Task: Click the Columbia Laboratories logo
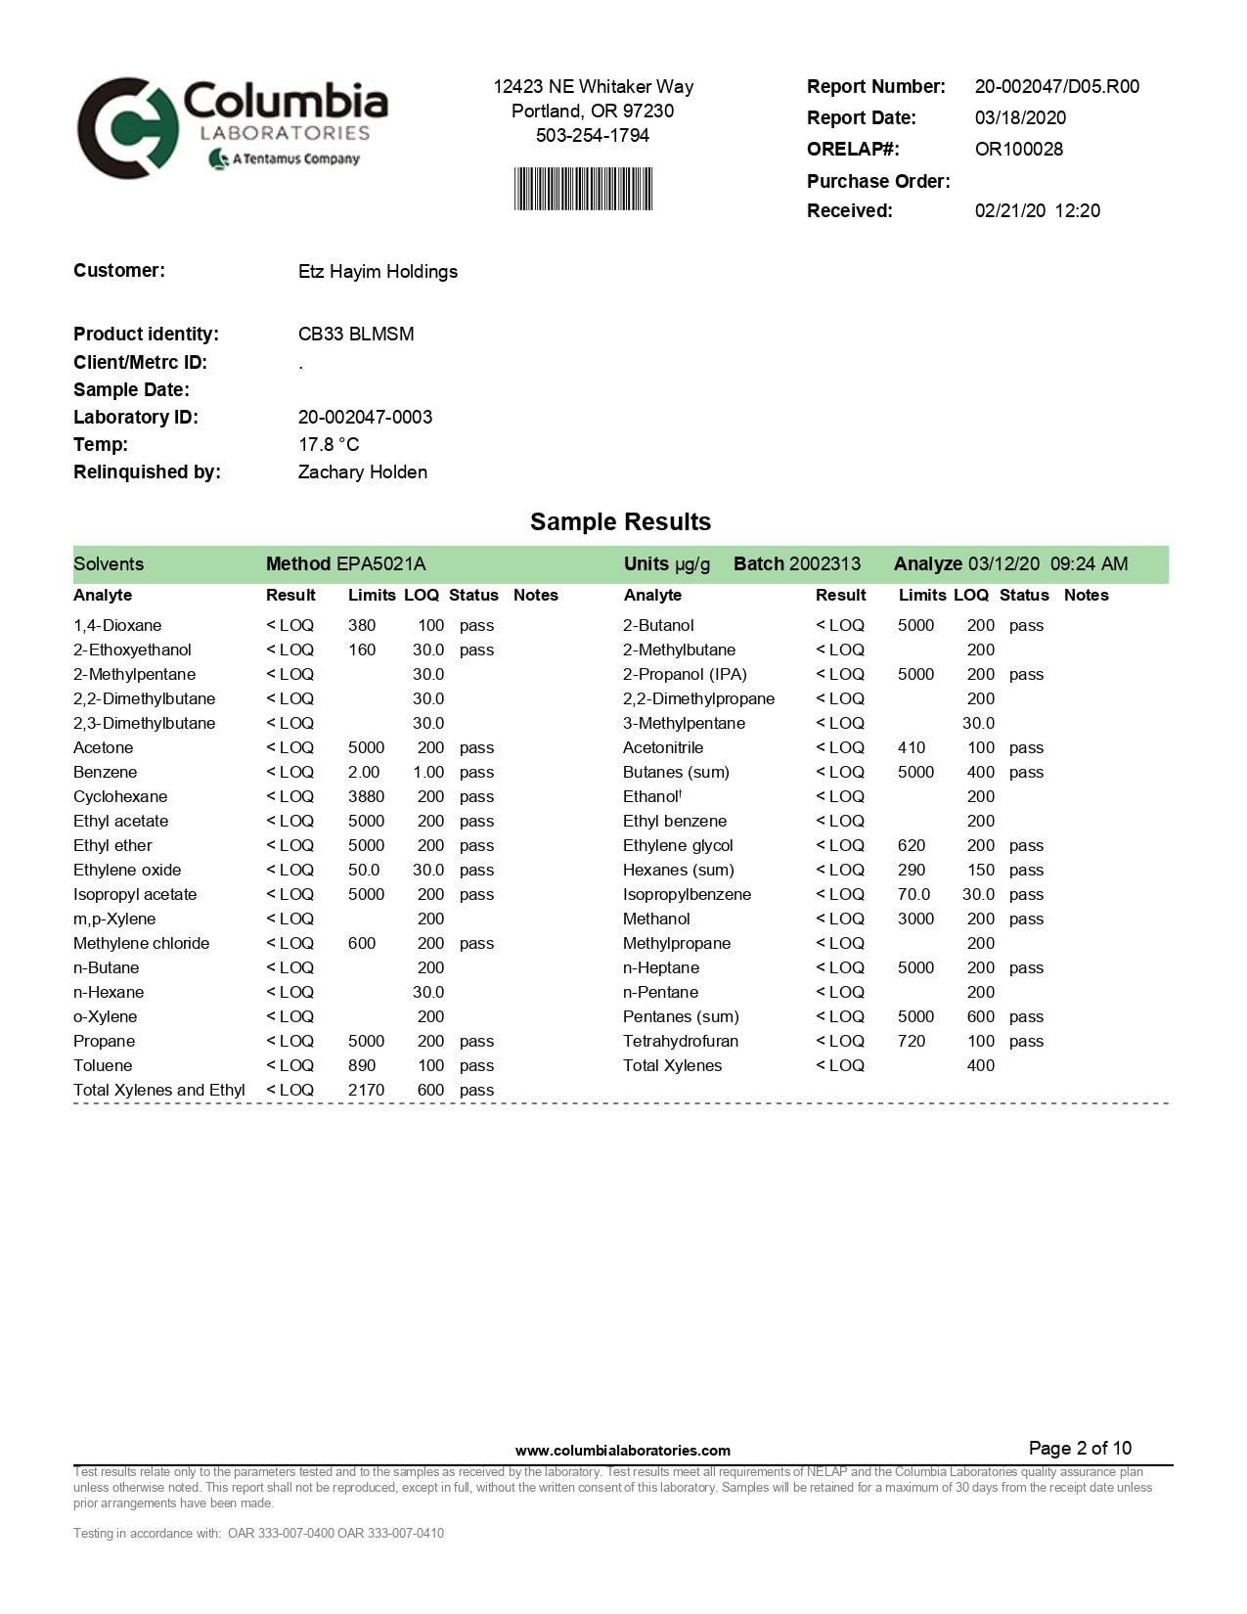[232, 127]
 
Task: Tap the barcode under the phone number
[583, 189]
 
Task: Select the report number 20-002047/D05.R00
[1056, 86]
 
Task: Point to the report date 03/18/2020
[1020, 117]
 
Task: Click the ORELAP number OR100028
[1018, 149]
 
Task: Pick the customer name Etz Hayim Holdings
[378, 271]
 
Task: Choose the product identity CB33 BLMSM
[356, 334]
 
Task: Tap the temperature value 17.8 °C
[329, 444]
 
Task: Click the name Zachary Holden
[362, 471]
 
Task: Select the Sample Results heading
[620, 521]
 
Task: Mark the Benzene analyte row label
[105, 772]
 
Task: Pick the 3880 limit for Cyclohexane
[366, 796]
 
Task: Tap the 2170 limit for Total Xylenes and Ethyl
[366, 1090]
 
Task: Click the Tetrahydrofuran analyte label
[681, 1041]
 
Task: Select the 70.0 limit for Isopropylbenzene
[913, 894]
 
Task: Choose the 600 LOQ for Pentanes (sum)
[980, 1016]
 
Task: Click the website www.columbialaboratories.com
[622, 1450]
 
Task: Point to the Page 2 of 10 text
[1080, 1448]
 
